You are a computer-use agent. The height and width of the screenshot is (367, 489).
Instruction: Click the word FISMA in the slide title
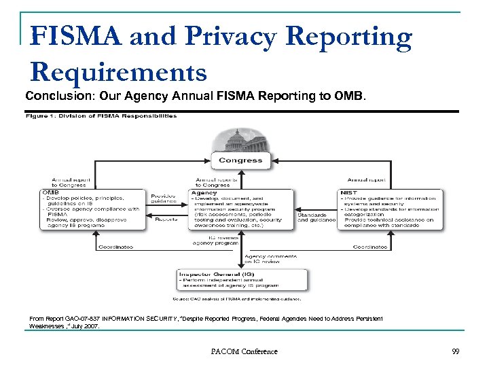[76, 37]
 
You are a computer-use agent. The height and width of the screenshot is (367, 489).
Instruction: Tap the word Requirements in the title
[118, 71]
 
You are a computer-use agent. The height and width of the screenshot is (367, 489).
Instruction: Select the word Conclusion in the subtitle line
[53, 97]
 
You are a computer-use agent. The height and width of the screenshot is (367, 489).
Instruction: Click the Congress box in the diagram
[240, 160]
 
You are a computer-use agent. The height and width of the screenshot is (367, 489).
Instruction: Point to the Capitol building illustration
[240, 140]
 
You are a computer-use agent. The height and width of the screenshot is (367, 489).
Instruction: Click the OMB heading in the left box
[52, 192]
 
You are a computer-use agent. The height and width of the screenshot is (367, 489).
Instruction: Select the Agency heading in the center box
[204, 192]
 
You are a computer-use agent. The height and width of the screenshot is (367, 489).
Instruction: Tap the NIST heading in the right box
[348, 192]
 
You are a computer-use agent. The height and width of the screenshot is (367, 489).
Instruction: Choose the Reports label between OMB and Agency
[166, 219]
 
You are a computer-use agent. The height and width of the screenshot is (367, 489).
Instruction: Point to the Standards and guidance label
[316, 217]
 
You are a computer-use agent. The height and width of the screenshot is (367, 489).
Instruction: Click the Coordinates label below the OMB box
[116, 247]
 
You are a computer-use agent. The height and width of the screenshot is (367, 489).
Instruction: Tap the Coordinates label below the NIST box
[370, 247]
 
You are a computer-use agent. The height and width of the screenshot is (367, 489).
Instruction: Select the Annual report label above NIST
[367, 180]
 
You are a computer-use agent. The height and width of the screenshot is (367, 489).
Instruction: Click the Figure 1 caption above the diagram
[101, 116]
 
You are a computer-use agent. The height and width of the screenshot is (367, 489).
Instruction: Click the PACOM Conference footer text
[244, 351]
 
